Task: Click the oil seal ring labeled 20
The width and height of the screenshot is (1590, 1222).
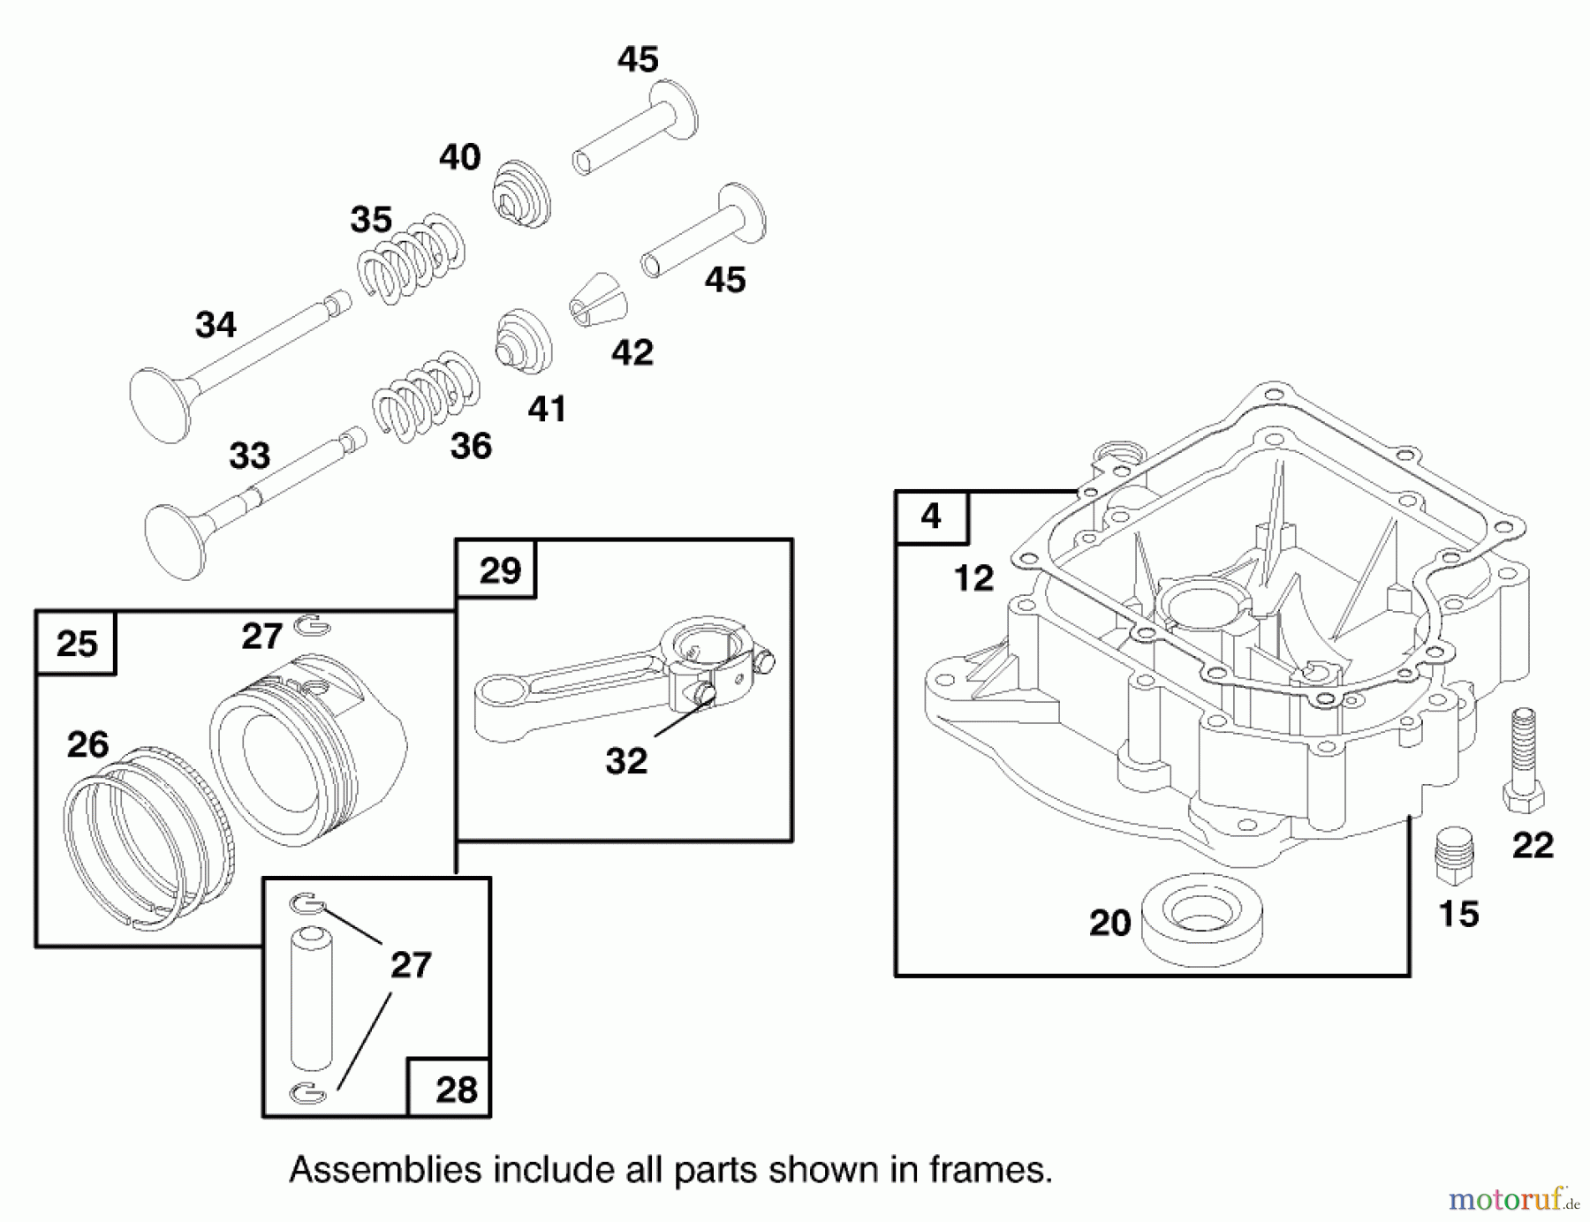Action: (1201, 916)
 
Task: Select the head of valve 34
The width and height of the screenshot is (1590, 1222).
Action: (160, 407)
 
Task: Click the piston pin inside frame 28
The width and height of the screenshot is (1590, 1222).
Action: (311, 998)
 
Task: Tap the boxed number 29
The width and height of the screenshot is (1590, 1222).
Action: (499, 570)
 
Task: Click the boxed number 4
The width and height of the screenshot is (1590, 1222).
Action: (931, 517)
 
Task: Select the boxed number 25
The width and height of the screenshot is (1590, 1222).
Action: (76, 644)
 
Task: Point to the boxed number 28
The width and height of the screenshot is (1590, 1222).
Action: (456, 1090)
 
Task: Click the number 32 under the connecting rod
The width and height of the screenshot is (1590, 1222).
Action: (626, 760)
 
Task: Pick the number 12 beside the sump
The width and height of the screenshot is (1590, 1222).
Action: (973, 578)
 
